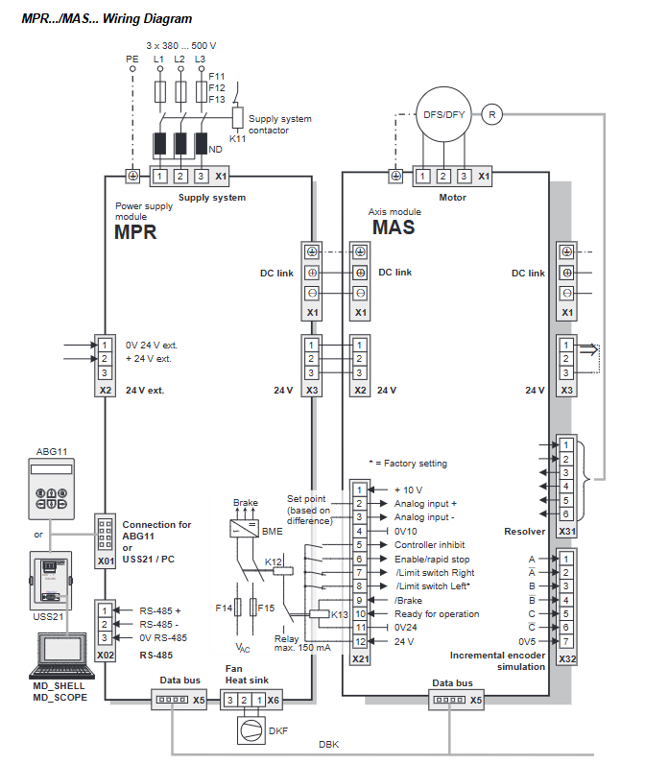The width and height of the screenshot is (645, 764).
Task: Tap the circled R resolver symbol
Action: [492, 114]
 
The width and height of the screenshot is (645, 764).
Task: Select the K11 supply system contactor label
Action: [237, 139]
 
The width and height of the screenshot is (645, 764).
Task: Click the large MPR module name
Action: [135, 232]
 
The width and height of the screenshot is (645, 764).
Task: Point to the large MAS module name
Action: [394, 227]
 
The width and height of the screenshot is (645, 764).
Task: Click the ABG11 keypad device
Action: [51, 489]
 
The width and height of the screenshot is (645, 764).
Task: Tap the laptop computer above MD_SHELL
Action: [61, 656]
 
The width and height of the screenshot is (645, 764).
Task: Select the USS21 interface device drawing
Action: [51, 581]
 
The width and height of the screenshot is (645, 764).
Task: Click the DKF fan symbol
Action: [251, 730]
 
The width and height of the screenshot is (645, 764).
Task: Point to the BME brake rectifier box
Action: [244, 529]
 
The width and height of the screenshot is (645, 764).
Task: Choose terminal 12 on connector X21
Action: [360, 642]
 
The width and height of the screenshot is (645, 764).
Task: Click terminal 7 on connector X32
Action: [566, 642]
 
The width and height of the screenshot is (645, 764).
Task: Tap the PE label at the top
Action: [132, 59]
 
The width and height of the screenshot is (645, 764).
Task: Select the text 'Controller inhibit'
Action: [429, 545]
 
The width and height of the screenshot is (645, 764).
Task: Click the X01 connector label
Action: [106, 561]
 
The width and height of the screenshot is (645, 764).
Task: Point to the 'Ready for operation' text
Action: [437, 614]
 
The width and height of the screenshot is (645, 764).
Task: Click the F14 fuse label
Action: [224, 609]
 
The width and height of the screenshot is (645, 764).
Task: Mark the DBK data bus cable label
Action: [329, 744]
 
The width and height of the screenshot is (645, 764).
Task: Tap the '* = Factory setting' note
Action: [408, 464]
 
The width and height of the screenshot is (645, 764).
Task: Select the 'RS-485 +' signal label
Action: [159, 610]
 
